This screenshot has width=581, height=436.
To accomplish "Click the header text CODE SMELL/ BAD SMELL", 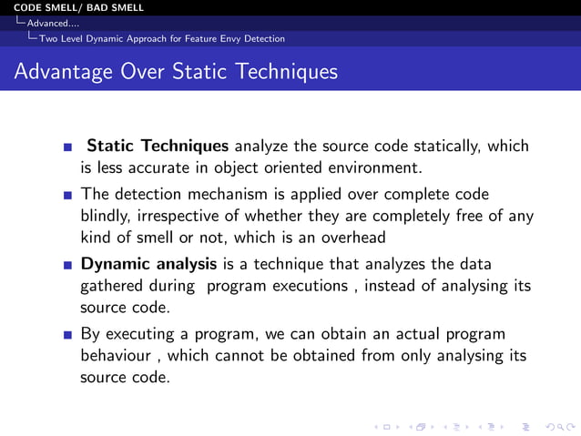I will (73, 7).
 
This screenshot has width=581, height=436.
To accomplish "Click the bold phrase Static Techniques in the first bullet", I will (158, 146).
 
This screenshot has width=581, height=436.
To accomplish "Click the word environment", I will (374, 167).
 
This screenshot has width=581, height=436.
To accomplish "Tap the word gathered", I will (115, 286).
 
